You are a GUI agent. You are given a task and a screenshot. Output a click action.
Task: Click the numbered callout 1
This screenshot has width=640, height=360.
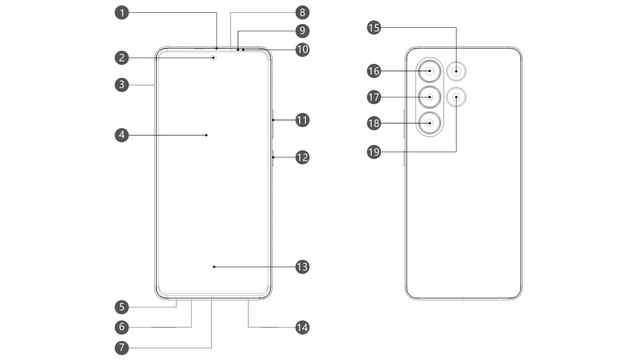tap(121, 13)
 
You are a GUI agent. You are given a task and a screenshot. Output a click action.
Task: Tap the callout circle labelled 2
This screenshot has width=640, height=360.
tap(121, 58)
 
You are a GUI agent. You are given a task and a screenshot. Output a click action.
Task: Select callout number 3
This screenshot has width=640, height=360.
tap(121, 86)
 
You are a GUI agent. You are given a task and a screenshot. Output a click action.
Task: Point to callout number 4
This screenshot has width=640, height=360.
tap(121, 133)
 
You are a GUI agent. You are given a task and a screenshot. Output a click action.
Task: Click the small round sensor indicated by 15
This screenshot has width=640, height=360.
tap(457, 71)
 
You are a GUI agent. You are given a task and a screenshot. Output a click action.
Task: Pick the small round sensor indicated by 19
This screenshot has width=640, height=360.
tap(457, 97)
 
